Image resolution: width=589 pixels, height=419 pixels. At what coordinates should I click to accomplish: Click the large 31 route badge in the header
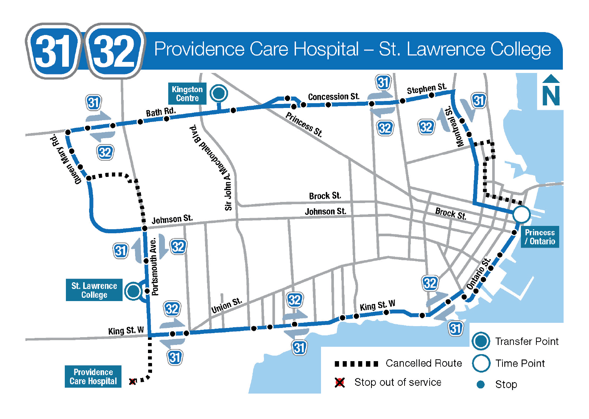click(53, 51)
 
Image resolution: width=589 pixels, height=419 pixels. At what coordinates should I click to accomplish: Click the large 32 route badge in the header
click(114, 51)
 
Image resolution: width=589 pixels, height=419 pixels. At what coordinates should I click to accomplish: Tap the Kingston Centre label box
click(187, 94)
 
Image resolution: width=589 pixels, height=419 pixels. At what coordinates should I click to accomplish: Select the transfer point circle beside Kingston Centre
click(219, 93)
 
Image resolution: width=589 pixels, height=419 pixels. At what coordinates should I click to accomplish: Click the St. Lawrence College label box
click(94, 290)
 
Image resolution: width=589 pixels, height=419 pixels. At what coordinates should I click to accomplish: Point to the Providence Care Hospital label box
click(93, 376)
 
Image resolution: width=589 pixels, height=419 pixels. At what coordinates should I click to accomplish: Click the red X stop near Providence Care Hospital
click(133, 381)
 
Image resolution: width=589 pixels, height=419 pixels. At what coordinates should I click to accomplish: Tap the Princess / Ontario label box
click(540, 237)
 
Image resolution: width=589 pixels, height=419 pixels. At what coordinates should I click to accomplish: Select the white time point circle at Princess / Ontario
click(521, 214)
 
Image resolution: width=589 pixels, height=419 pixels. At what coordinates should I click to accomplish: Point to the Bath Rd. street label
click(161, 112)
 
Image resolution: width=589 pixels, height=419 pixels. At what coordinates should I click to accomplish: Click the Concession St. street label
click(333, 97)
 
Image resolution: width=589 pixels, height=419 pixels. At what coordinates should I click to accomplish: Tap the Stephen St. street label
click(426, 89)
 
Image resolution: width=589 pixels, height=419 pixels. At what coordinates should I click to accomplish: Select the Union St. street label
click(226, 305)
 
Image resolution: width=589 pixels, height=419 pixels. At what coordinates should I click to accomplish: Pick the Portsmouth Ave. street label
click(154, 266)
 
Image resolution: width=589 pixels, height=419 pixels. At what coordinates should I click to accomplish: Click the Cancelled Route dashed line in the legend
click(356, 364)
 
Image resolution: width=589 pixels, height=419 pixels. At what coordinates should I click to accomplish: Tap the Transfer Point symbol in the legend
click(481, 341)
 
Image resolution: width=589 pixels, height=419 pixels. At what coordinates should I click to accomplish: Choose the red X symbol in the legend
click(340, 383)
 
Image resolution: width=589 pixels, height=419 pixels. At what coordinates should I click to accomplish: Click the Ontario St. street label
click(479, 274)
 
